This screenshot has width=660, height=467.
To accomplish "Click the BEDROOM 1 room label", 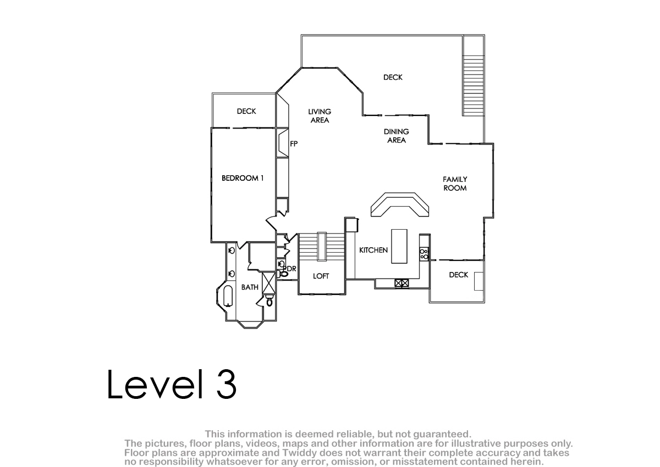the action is click(243, 178).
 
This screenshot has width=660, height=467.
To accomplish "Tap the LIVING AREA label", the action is click(320, 115).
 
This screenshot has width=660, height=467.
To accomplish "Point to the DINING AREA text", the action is click(397, 136).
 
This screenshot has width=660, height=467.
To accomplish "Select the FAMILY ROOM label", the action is click(455, 184).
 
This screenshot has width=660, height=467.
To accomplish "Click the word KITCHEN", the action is click(373, 250).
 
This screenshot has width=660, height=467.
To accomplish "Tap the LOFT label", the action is click(321, 276).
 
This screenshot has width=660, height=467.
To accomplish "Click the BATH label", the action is click(250, 287).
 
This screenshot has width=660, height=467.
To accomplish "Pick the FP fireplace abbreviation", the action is click(294, 143).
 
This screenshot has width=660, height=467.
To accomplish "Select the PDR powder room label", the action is click(290, 269).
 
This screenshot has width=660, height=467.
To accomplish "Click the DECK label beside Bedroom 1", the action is click(246, 111).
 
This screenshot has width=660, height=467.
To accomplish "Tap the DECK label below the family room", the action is click(459, 275).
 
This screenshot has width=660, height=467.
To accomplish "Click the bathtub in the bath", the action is click(228, 296).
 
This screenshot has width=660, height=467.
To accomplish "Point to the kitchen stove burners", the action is click(424, 254).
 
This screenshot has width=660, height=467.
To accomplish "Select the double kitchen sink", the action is click(402, 283).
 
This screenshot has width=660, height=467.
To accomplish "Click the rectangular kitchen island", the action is click(399, 246).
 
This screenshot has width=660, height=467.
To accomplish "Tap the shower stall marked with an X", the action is click(269, 283).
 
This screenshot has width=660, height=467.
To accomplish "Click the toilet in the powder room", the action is click(283, 274).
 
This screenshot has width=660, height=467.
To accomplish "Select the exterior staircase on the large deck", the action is click(474, 85).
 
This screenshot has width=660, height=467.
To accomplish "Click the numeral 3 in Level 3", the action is click(227, 384).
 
